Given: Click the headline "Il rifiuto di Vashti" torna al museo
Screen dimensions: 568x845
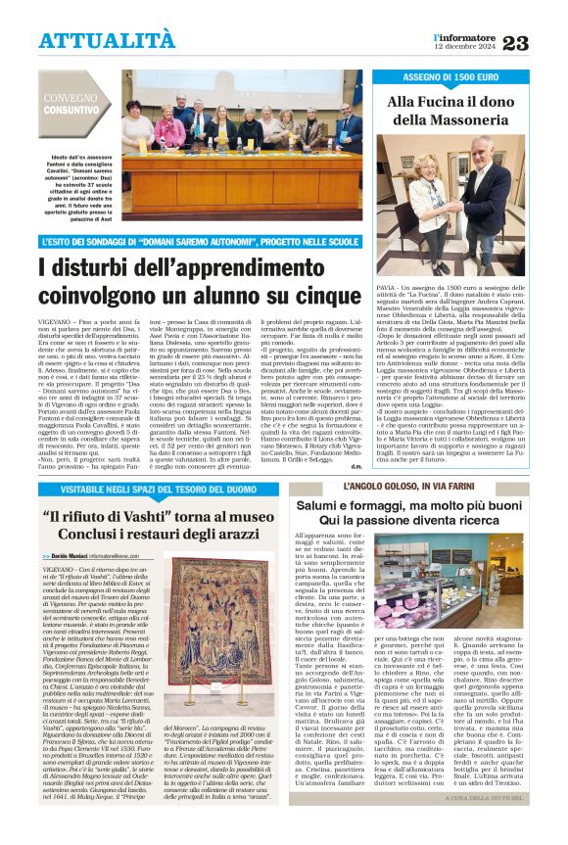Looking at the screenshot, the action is [164, 524].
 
